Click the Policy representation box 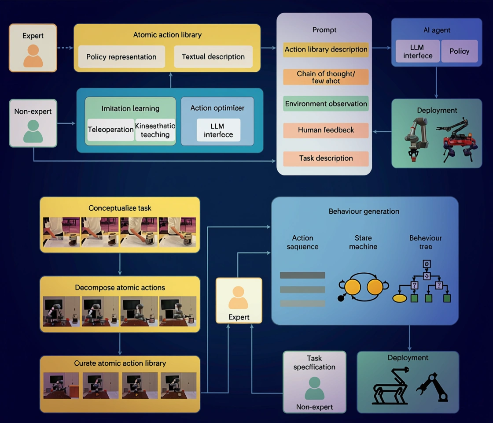[x=121, y=57]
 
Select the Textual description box [x=213, y=56]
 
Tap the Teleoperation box [x=110, y=130]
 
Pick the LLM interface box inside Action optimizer [x=218, y=130]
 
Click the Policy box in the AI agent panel [x=459, y=51]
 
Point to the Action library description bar [x=326, y=49]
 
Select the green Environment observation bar [x=326, y=104]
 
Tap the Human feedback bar [x=326, y=130]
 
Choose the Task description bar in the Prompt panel [x=326, y=158]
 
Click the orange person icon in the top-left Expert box [x=33, y=56]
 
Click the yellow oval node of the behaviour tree [x=399, y=298]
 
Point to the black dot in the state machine [x=341, y=299]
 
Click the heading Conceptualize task [x=120, y=208]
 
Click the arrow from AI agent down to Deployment [x=436, y=82]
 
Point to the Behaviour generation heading [x=364, y=211]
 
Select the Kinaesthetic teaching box [x=155, y=130]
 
